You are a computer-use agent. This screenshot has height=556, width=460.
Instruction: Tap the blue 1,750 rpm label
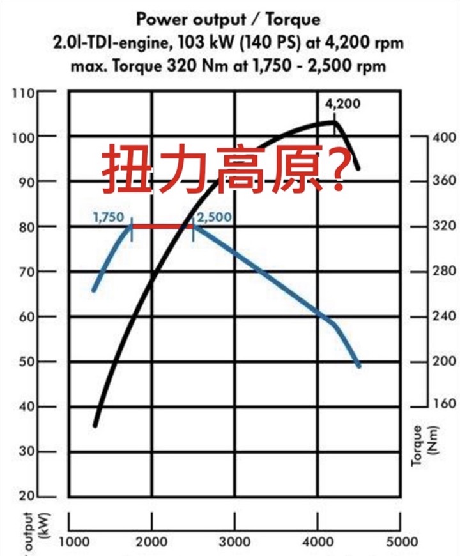[x=108, y=217]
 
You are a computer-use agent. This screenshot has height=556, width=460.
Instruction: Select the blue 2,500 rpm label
[x=214, y=217]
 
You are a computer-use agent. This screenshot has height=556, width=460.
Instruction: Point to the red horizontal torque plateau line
[x=162, y=226]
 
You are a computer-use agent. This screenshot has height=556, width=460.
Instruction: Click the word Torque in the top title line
[x=293, y=20]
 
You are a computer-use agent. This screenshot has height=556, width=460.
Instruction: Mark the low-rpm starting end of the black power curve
[x=96, y=424]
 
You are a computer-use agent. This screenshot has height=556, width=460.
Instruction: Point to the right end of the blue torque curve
[x=359, y=366]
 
